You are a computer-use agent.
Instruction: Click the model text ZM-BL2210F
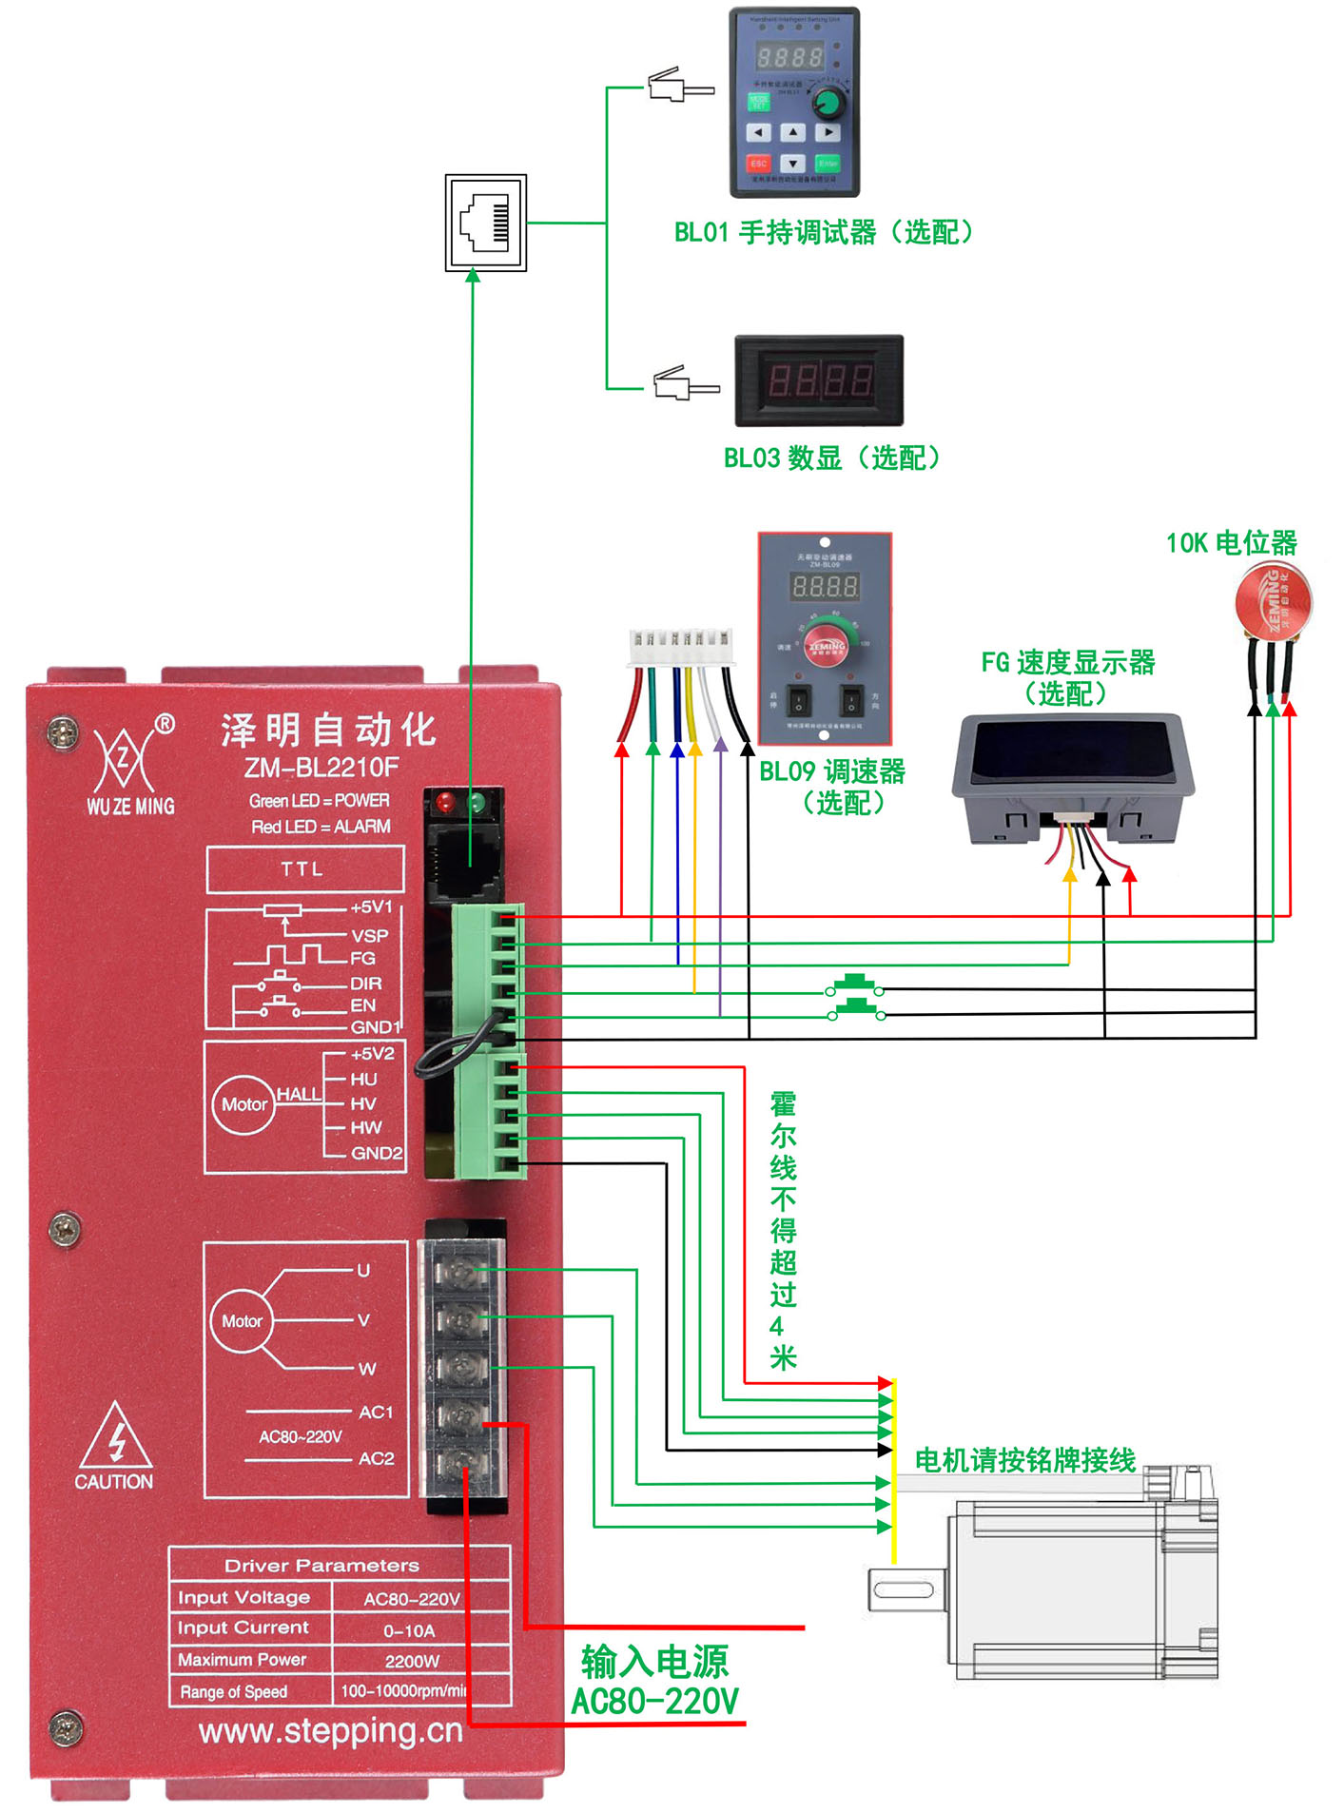[x=321, y=768]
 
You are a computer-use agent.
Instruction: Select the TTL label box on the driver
[x=304, y=868]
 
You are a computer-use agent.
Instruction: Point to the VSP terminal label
[x=369, y=935]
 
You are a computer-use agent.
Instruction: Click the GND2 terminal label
[x=377, y=1153]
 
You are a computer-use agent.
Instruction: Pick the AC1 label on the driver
[x=376, y=1413]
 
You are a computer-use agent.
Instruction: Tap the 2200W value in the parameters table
[x=412, y=1661]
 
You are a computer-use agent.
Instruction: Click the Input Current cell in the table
[x=243, y=1628]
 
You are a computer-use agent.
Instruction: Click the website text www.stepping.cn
[x=330, y=1731]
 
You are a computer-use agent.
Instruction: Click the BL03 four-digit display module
[x=819, y=380]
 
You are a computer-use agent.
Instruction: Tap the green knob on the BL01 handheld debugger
[x=828, y=102]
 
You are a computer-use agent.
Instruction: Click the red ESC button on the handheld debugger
[x=758, y=163]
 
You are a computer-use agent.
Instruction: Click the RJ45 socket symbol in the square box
[x=485, y=223]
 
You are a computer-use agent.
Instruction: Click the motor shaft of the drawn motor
[x=905, y=1589]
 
